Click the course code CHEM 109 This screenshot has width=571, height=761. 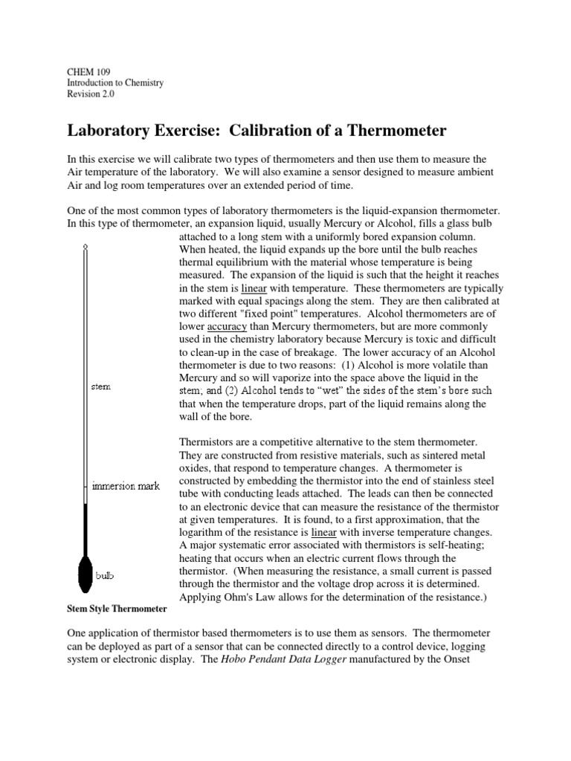(x=89, y=72)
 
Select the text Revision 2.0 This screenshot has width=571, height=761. (x=91, y=94)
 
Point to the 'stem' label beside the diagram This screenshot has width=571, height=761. (x=100, y=387)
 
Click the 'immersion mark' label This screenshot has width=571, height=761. (x=126, y=486)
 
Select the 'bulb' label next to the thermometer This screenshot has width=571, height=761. (x=104, y=575)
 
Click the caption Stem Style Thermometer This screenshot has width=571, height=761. (x=117, y=609)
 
